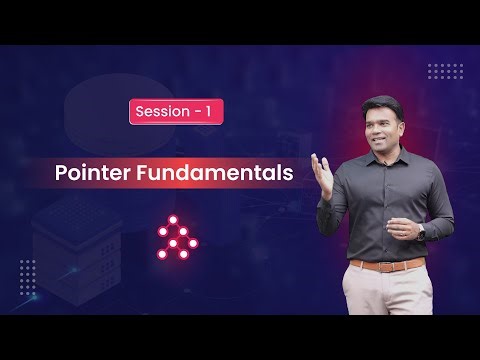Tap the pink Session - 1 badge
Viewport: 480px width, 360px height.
[x=175, y=112]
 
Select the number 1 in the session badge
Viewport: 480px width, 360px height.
[x=207, y=112]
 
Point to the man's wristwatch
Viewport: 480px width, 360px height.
[x=420, y=229]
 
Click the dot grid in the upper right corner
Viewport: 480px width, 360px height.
[x=444, y=70]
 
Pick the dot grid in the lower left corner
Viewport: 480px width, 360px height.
[x=27, y=271]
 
